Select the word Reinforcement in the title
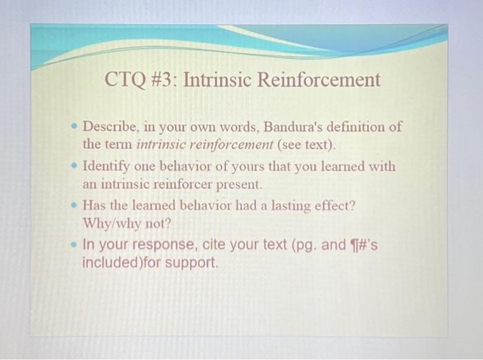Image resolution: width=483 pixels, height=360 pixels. (319, 81)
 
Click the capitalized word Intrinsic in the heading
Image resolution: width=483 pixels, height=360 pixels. (220, 81)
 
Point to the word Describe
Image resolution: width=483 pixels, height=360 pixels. (111, 128)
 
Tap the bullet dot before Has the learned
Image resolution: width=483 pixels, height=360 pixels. (74, 206)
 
